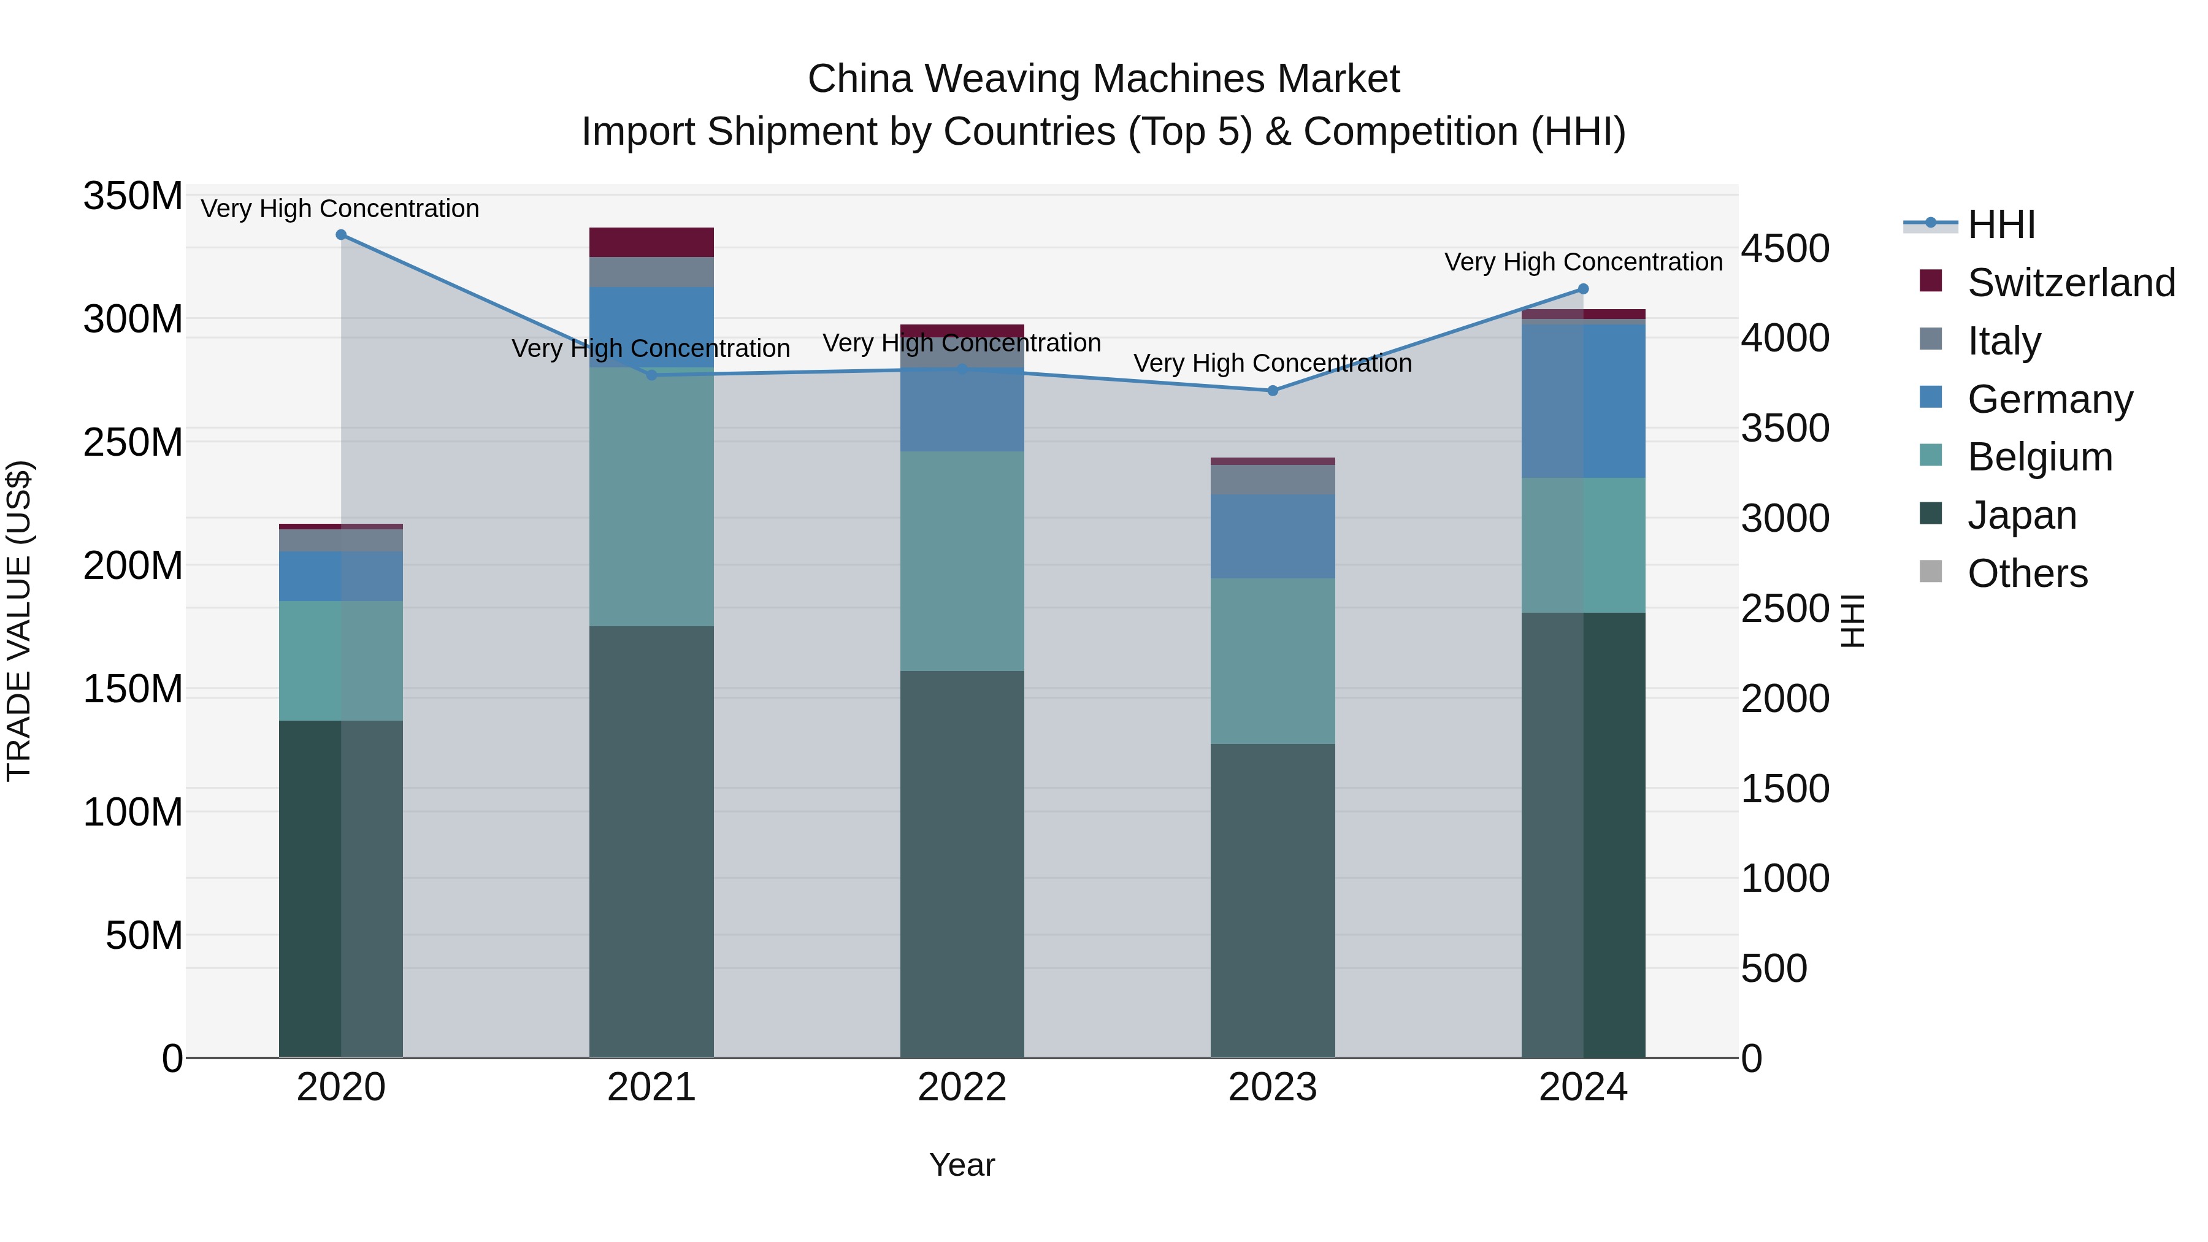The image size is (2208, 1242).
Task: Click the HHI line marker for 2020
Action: (x=341, y=235)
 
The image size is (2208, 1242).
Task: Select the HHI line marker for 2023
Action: (x=1273, y=391)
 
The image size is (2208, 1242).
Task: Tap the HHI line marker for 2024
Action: (x=1583, y=289)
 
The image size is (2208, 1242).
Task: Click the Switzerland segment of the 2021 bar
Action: (x=651, y=242)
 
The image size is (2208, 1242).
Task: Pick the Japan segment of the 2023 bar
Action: (x=1273, y=900)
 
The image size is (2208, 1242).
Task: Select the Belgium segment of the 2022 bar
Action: (x=962, y=561)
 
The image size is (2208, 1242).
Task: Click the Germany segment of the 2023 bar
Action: (x=1273, y=537)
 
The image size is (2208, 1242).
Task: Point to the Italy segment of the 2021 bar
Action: (x=651, y=272)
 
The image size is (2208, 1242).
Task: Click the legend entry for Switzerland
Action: (x=2070, y=283)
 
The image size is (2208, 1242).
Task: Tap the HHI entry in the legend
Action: (x=2001, y=224)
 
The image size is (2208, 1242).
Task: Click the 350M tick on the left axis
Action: (x=133, y=196)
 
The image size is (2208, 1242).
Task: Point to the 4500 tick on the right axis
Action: (x=1785, y=248)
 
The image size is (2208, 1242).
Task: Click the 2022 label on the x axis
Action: (x=962, y=1087)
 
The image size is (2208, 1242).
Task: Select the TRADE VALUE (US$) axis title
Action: (x=19, y=621)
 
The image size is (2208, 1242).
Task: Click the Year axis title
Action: (x=962, y=1165)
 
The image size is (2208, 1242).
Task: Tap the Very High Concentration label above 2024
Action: (x=1583, y=263)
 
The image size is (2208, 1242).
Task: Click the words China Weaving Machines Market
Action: (x=1103, y=79)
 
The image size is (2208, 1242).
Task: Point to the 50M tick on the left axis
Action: (x=144, y=935)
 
